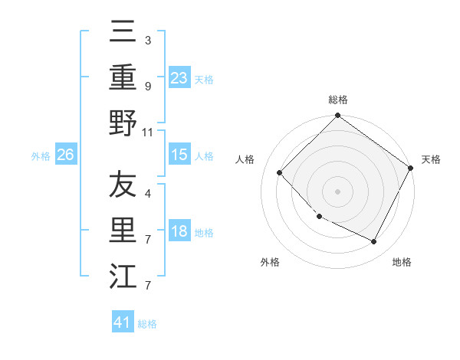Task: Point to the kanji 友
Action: [123, 185]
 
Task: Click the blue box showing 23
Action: [179, 77]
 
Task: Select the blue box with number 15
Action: [179, 155]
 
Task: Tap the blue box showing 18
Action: [179, 232]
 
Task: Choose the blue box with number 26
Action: [65, 155]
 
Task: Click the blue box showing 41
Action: [123, 322]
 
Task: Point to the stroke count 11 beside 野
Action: [148, 132]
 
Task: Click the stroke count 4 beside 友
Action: [148, 195]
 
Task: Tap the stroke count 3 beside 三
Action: [148, 39]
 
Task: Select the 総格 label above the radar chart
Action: [337, 100]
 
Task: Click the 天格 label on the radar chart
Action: [431, 159]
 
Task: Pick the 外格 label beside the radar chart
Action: [270, 262]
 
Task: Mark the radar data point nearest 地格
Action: [374, 242]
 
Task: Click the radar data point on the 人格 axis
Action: [280, 172]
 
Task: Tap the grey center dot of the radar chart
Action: [337, 191]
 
